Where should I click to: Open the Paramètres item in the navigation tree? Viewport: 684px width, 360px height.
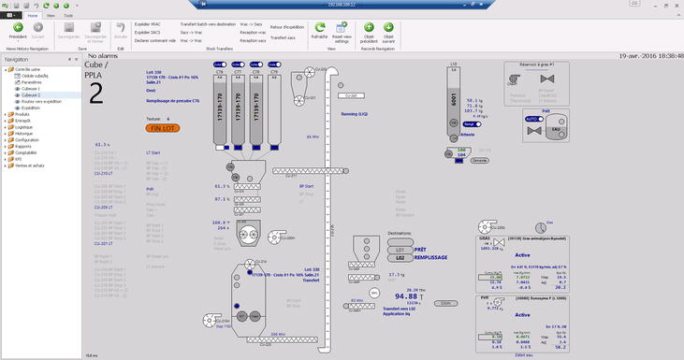[34, 82]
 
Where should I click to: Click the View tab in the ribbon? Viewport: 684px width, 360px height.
[50, 16]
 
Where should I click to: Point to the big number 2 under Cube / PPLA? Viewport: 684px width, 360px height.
[95, 92]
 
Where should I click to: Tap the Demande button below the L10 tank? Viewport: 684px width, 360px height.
[479, 160]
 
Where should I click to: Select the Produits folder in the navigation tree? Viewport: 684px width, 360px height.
[22, 114]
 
